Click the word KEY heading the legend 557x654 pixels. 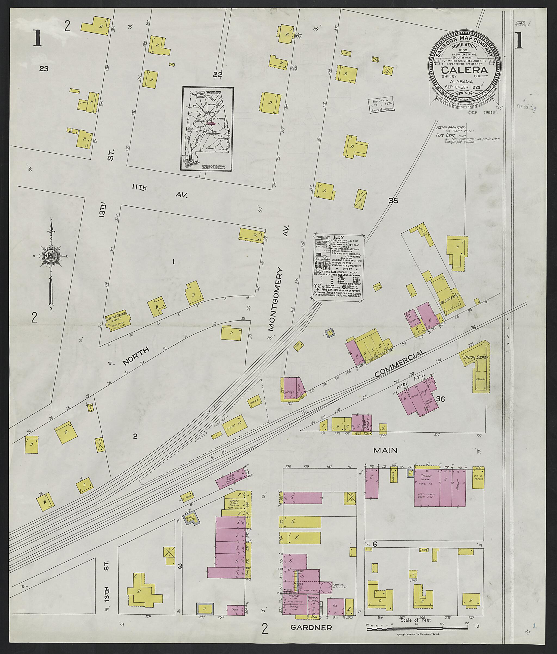click(x=339, y=237)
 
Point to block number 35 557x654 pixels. click(x=393, y=200)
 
